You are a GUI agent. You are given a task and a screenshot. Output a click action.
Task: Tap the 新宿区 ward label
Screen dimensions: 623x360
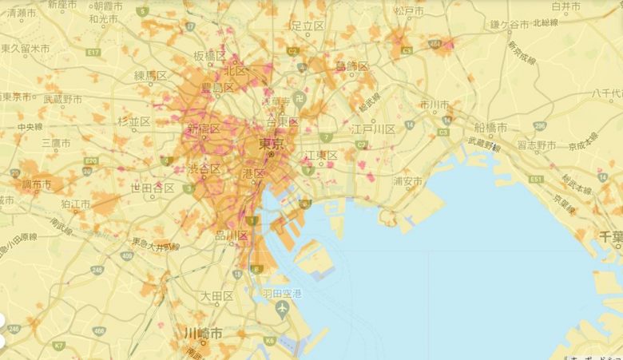click(x=202, y=129)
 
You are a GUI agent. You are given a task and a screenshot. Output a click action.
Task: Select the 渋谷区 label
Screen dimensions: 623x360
click(x=204, y=168)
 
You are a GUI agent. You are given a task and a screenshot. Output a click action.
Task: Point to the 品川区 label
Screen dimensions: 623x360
click(x=232, y=235)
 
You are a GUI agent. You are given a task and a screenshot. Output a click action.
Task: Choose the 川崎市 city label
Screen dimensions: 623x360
click(x=203, y=332)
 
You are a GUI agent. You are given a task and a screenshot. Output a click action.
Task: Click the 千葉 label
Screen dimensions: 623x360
click(x=610, y=236)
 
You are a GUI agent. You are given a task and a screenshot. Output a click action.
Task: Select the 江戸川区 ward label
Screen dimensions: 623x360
click(x=373, y=129)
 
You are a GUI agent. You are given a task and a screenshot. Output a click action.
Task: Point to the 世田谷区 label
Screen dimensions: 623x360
click(x=153, y=188)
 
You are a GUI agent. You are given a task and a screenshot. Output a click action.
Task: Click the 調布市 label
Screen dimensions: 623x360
click(x=36, y=184)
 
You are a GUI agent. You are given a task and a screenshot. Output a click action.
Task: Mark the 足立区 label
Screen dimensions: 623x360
click(x=307, y=26)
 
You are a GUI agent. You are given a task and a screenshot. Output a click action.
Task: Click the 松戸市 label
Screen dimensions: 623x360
click(x=408, y=12)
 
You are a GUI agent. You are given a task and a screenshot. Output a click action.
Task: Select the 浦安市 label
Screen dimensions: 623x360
click(x=407, y=181)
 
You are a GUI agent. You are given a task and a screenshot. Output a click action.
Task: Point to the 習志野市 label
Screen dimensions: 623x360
click(x=536, y=144)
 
